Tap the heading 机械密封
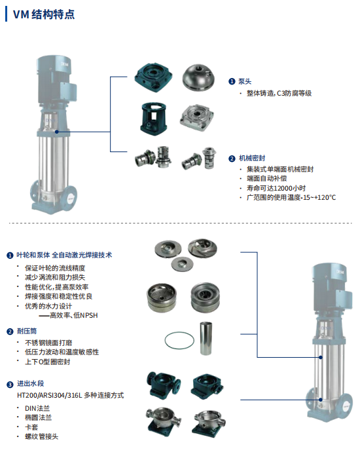tap(251, 158)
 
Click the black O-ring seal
tap(173, 341)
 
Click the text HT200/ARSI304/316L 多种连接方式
tap(70, 395)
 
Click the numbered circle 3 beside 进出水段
tap(10, 385)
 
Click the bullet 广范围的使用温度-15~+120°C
tap(291, 197)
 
